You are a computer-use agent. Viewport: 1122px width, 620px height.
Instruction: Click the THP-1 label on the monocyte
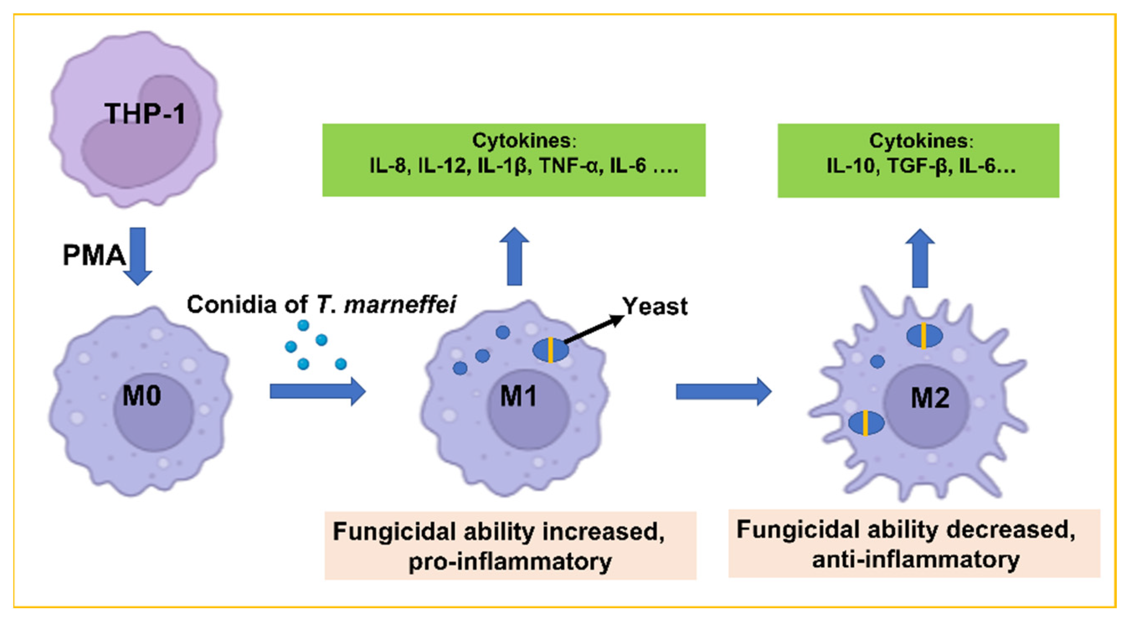(144, 114)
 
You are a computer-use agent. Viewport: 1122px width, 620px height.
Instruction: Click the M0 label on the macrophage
(142, 396)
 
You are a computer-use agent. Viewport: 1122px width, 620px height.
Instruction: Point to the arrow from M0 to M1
(317, 391)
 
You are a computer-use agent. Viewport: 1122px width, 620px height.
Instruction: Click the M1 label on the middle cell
(518, 397)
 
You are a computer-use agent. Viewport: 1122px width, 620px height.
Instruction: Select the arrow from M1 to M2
(723, 391)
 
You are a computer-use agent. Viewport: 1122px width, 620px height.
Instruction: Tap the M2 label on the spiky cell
(930, 398)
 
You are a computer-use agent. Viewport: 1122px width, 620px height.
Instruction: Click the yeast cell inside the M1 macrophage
(551, 350)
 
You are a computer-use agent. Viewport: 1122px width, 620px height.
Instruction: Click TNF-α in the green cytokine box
(571, 166)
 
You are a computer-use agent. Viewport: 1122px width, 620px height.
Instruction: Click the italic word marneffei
(400, 305)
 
